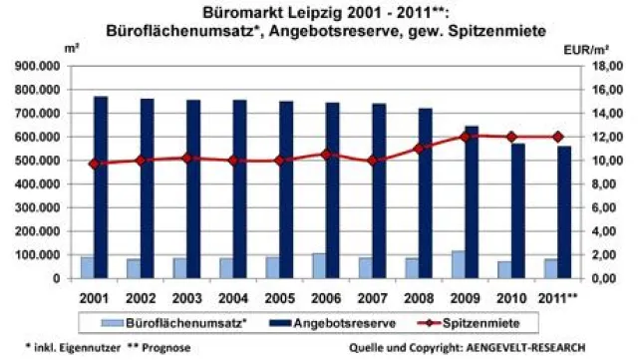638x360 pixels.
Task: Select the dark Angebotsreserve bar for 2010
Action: (518, 210)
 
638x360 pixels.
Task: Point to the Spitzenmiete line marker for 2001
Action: (95, 164)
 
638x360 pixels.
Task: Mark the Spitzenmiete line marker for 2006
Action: (327, 154)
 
